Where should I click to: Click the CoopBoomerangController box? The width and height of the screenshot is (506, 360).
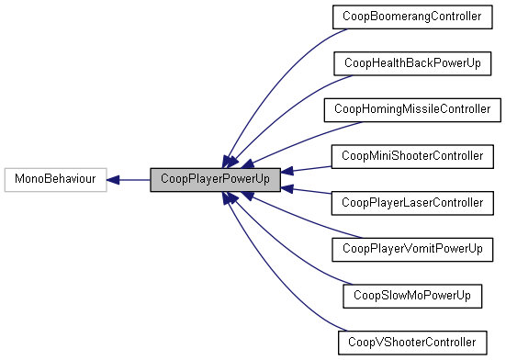(411, 17)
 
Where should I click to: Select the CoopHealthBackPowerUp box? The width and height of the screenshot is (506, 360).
(411, 63)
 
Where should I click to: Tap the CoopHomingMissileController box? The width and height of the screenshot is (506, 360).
(411, 109)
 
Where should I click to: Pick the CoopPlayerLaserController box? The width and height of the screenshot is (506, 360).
(411, 202)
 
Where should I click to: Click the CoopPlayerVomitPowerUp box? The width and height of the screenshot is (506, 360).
(411, 249)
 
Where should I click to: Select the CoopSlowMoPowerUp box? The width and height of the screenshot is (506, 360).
(411, 295)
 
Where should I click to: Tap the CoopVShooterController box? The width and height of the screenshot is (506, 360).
(411, 342)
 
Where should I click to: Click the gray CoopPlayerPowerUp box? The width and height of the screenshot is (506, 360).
(215, 179)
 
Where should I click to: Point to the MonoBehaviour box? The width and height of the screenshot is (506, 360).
(55, 179)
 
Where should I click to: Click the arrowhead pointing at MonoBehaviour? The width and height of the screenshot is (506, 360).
(114, 179)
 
